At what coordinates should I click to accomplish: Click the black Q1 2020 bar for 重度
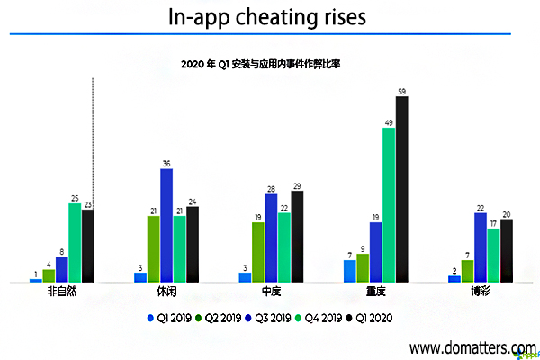tap(401, 190)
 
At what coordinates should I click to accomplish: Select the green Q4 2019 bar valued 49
tap(389, 205)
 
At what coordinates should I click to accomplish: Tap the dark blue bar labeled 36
tap(166, 226)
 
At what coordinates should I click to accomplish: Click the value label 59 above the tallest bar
tap(401, 91)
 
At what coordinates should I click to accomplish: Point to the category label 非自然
tap(61, 292)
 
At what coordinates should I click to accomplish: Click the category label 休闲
tap(166, 292)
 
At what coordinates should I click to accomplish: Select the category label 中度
tap(271, 292)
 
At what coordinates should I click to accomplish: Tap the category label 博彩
tap(480, 292)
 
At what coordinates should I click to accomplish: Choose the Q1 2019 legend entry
tap(170, 318)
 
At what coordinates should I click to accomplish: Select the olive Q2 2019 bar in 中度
tap(258, 252)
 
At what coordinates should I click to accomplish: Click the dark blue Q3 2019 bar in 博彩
tap(480, 247)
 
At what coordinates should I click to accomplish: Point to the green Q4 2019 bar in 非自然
tap(75, 243)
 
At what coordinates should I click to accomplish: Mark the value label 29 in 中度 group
tap(297, 185)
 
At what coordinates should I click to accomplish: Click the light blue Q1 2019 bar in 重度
tap(349, 272)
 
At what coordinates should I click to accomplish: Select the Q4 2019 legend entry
tap(319, 318)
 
